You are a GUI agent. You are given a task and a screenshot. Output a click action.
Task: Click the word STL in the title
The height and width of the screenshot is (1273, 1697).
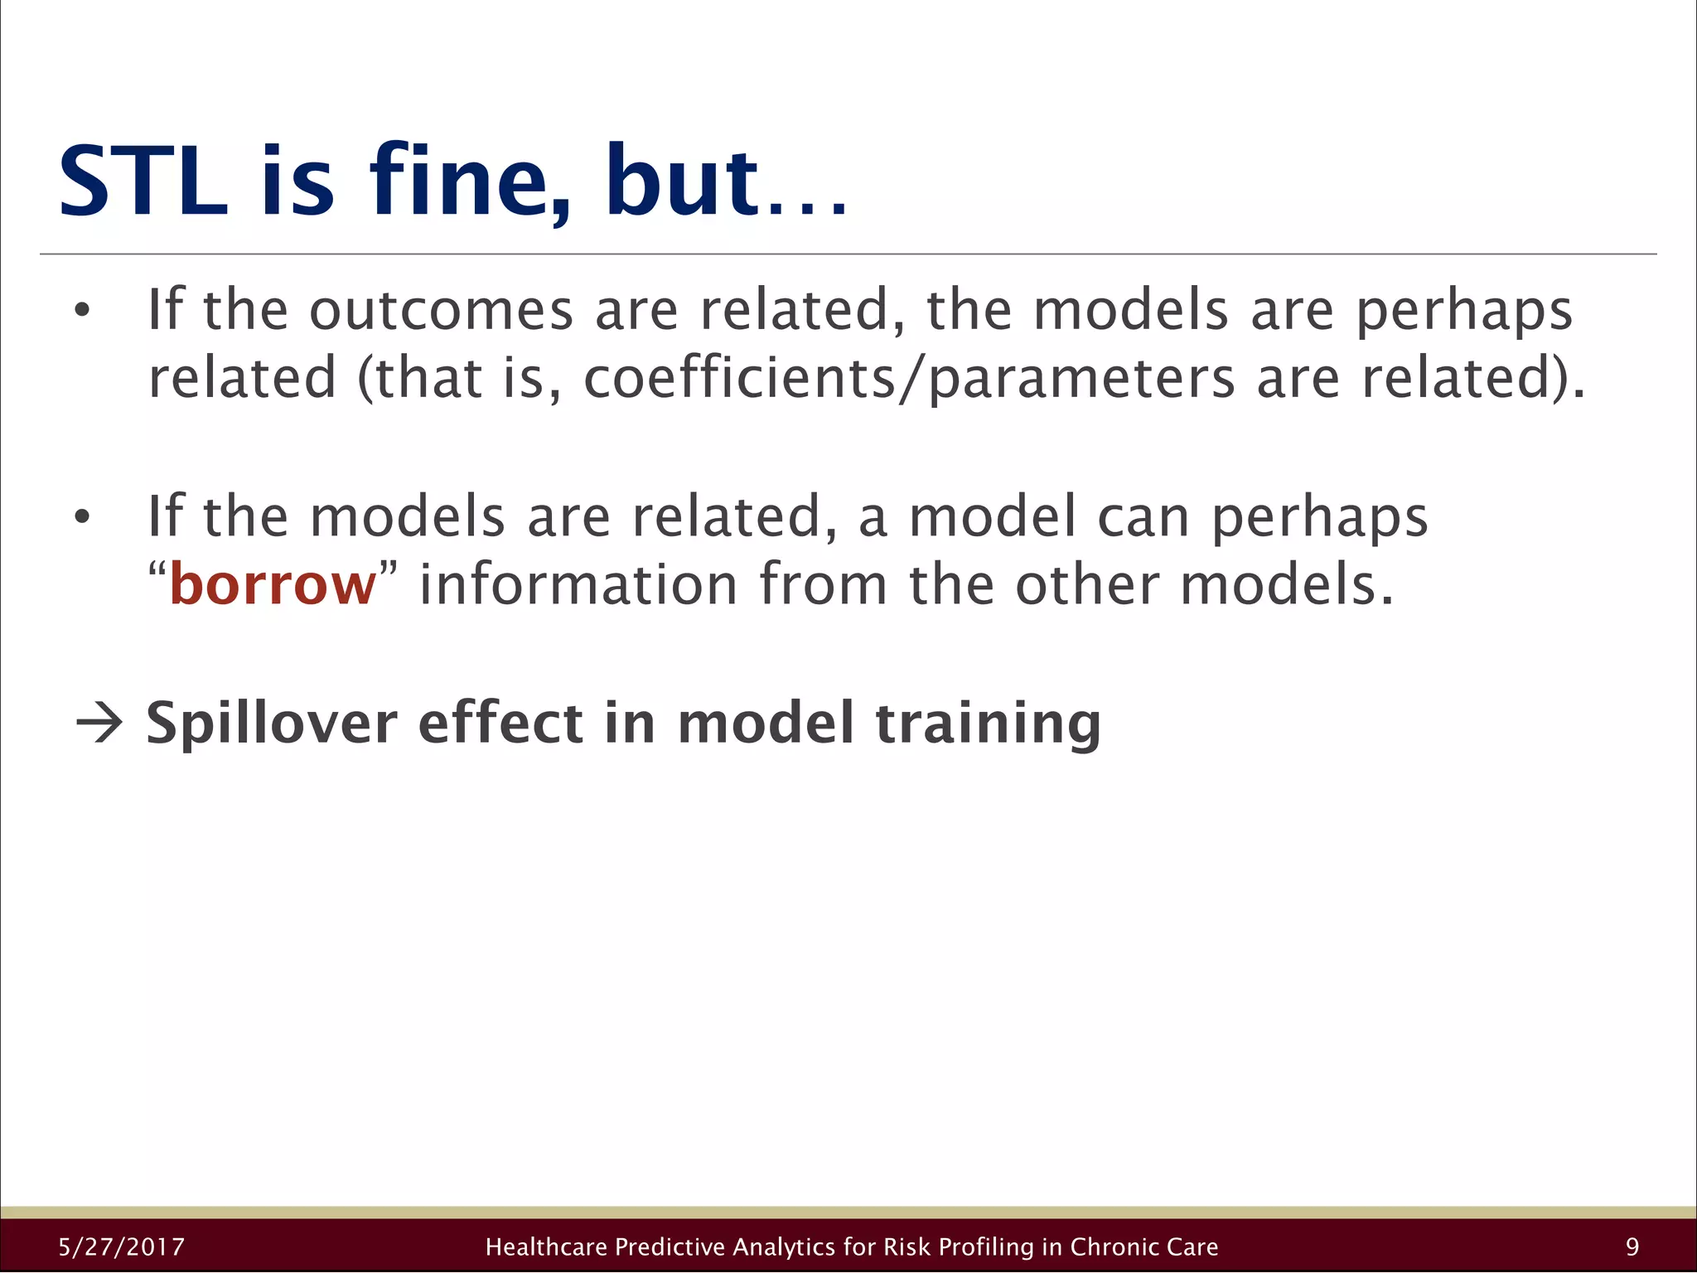143,182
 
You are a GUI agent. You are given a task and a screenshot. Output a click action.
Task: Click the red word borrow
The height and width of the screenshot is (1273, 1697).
273,585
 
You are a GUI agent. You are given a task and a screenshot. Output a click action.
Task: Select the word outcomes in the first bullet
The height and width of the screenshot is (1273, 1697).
441,311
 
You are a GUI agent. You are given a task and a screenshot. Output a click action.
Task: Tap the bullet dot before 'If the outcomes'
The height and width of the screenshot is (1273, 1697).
81,312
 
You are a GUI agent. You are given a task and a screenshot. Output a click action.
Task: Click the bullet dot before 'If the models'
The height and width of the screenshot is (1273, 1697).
81,517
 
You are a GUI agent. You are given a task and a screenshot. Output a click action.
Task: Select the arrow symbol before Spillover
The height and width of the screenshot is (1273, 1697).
99,724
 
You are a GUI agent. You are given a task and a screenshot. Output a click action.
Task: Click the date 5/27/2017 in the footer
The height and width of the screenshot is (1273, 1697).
122,1247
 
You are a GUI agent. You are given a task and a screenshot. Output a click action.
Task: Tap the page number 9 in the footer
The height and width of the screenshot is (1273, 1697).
1632,1247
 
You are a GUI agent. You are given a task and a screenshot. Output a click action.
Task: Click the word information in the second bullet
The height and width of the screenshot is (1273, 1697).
578,585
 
